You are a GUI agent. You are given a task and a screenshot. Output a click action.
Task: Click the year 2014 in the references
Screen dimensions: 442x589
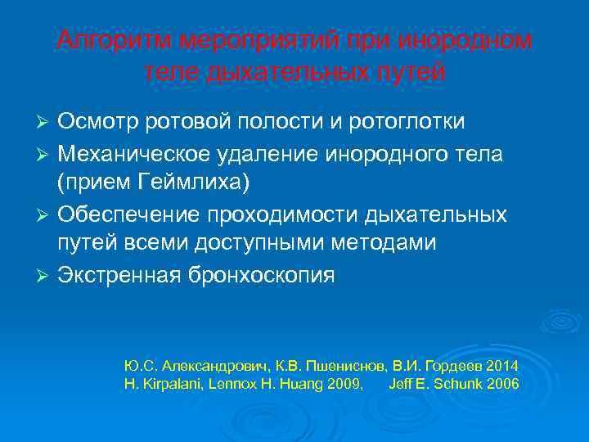tap(503, 364)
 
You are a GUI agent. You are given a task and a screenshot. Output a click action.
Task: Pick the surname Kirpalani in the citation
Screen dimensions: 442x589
tap(164, 383)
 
